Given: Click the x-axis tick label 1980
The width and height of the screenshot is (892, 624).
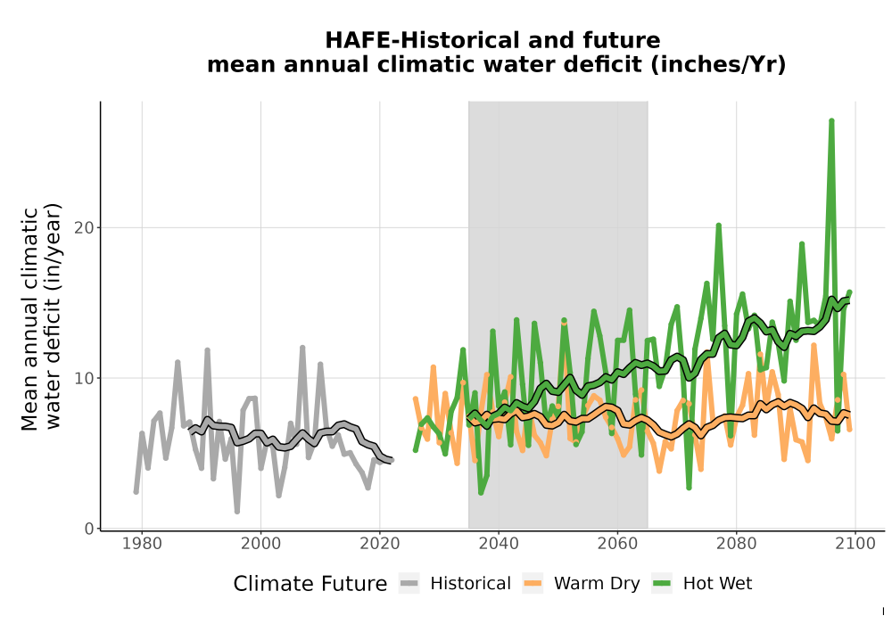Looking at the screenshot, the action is tap(142, 544).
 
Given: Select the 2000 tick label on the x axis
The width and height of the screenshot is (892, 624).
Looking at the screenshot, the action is tap(260, 544).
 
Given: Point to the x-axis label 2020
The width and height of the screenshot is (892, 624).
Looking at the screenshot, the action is tap(379, 544).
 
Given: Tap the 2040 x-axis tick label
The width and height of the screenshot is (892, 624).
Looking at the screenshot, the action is tap(499, 544).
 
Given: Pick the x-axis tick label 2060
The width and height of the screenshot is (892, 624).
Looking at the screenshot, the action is tap(617, 544).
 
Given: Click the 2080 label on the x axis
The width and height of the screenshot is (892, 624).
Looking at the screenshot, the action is tap(736, 544).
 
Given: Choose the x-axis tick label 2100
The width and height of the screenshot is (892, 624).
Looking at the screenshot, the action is tap(855, 544).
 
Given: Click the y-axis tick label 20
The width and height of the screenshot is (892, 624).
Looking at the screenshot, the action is tap(84, 228).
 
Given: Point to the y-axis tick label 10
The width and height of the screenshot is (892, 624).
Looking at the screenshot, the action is tap(84, 379).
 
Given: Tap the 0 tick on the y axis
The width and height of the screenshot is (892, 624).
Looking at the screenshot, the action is tap(89, 530).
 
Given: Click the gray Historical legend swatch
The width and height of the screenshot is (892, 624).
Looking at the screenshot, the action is tap(409, 584).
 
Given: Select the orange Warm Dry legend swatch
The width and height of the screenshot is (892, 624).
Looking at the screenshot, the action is tap(533, 584).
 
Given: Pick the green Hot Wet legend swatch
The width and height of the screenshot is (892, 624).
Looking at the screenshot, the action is tap(662, 584).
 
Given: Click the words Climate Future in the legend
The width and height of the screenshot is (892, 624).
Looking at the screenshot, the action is tap(310, 584).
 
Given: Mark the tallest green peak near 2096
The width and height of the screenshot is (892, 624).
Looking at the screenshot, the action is tap(831, 121).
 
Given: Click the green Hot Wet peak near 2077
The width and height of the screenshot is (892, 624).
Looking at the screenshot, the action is tap(718, 226).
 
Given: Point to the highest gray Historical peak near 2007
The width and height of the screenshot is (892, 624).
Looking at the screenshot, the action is tap(302, 348).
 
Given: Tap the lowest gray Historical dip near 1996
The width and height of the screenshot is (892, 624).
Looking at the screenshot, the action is tap(237, 512).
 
